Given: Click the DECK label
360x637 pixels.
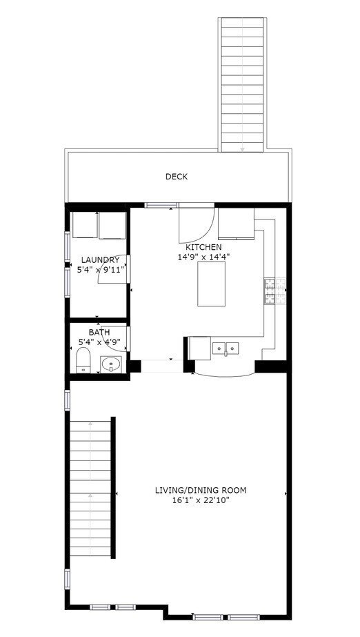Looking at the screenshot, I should point(176,177).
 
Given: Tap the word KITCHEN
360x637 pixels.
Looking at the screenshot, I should point(203,247).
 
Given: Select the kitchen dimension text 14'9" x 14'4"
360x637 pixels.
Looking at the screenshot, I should point(203,257).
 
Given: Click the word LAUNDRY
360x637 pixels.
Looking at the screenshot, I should point(100,260).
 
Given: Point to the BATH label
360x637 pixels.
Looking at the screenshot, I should point(99,332).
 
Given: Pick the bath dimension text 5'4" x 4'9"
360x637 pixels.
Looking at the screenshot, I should point(100,342).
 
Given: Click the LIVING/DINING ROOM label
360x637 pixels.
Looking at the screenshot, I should point(200,491).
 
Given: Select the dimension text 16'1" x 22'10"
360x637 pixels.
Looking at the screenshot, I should point(200,500).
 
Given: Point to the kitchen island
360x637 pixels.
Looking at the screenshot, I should point(212,284).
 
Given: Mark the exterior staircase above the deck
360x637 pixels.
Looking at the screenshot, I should point(242,83).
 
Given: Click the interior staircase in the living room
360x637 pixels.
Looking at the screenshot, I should point(91,487).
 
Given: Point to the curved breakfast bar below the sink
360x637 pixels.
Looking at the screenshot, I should point(225,371).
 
